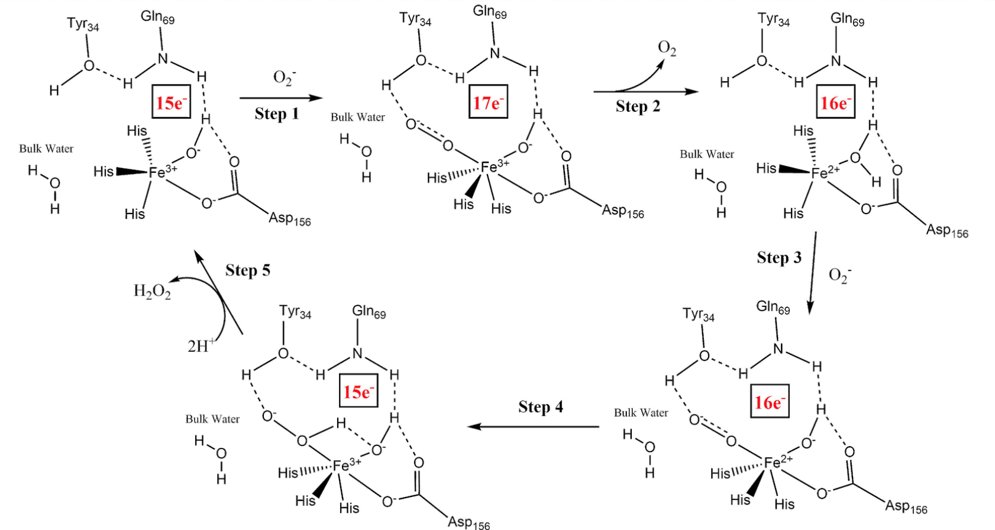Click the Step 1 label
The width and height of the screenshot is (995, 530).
tap(276, 114)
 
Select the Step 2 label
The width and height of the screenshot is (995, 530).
tap(637, 106)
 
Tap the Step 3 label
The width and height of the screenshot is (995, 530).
tap(778, 257)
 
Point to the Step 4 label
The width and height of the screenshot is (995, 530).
tap(540, 407)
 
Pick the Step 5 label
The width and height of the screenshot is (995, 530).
tap(247, 270)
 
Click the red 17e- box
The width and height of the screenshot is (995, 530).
tap(488, 102)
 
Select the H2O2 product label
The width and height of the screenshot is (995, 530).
tap(152, 291)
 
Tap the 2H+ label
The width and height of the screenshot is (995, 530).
tap(201, 345)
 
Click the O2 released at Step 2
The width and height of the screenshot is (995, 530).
tap(667, 49)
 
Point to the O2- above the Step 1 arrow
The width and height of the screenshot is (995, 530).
tap(284, 77)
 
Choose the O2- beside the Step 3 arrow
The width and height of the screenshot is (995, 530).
tap(839, 276)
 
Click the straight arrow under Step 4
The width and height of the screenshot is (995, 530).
tap(532, 426)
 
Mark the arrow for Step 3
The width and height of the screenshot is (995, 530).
tap(813, 272)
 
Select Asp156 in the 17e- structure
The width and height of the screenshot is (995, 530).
tap(622, 211)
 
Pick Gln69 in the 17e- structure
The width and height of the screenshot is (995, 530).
tap(489, 12)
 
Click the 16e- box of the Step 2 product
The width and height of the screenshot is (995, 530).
tap(835, 102)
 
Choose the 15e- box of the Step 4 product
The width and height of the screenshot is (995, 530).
tap(358, 391)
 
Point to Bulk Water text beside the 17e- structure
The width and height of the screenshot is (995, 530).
tap(357, 117)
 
